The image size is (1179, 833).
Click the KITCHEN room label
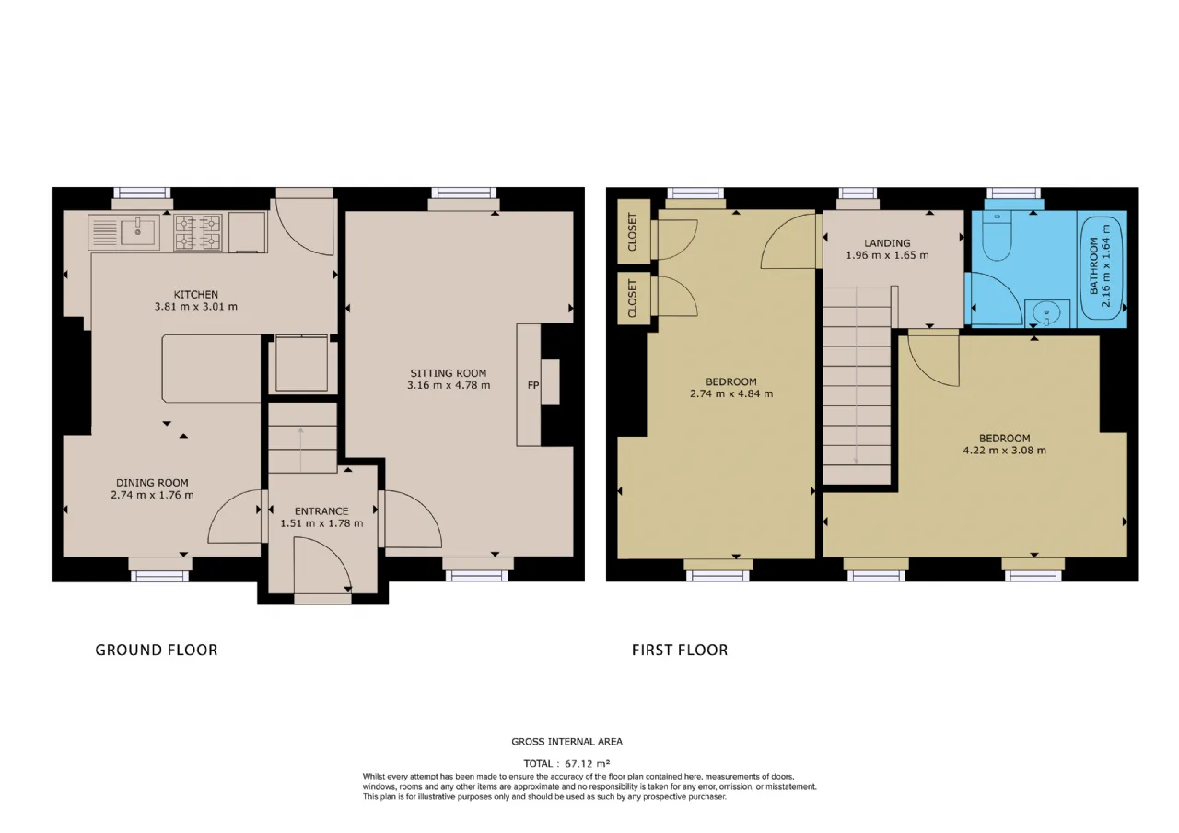(196, 294)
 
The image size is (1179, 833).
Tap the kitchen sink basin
(138, 233)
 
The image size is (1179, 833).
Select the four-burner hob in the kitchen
(198, 233)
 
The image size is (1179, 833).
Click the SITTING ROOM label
(449, 373)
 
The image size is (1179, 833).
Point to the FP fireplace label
(533, 385)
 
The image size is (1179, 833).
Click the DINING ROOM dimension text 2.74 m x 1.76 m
(152, 495)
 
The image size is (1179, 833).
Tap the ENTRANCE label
(321, 511)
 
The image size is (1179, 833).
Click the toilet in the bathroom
(997, 237)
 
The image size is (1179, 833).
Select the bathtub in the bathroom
(1103, 268)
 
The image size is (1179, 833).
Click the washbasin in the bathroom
(1047, 314)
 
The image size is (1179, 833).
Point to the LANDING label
(887, 243)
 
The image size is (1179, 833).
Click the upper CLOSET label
(632, 232)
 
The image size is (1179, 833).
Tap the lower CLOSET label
(632, 299)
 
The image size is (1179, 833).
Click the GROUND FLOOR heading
(157, 651)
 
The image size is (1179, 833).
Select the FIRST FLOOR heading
(680, 651)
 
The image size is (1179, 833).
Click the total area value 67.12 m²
(588, 763)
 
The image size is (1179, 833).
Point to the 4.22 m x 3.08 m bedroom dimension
(1005, 451)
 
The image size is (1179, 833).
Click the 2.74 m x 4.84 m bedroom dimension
(731, 393)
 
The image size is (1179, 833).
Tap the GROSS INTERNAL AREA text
(566, 742)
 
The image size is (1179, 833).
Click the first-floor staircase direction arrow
(857, 376)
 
